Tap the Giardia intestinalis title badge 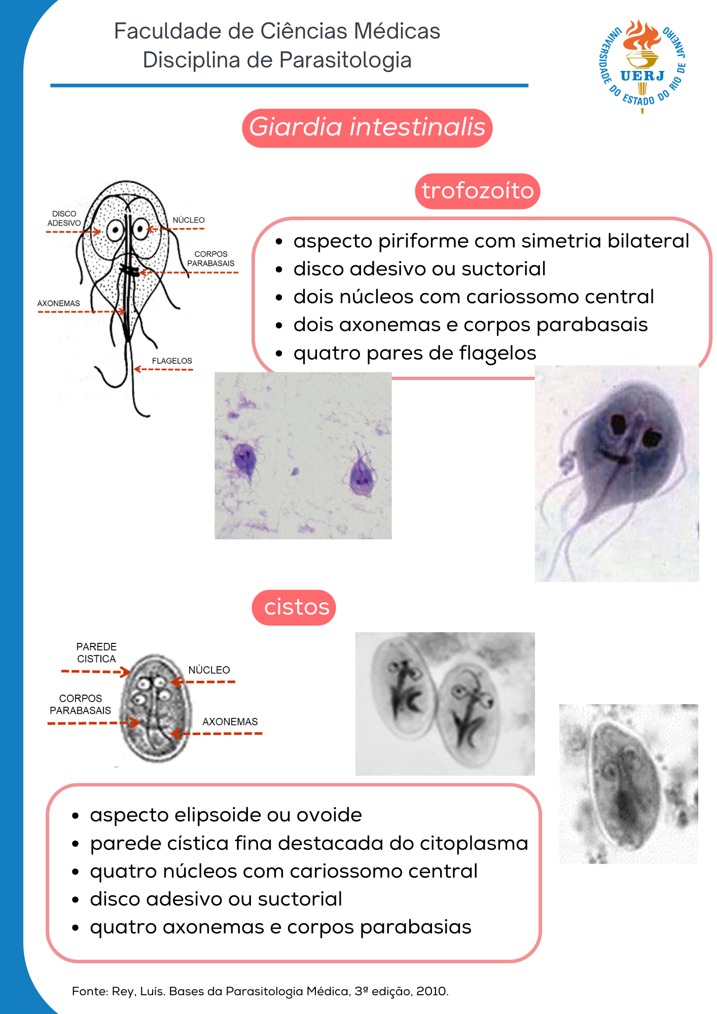pyautogui.click(x=367, y=128)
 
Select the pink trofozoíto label pyautogui.click(x=477, y=191)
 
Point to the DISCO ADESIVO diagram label pyautogui.click(x=64, y=219)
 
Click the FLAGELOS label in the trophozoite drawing pyautogui.click(x=172, y=361)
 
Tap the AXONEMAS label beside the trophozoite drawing pyautogui.click(x=58, y=303)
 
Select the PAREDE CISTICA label pyautogui.click(x=96, y=653)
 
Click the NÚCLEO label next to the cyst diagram pyautogui.click(x=209, y=670)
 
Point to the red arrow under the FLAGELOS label pyautogui.click(x=163, y=369)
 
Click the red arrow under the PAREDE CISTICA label pyautogui.click(x=95, y=672)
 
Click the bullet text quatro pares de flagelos pyautogui.click(x=414, y=353)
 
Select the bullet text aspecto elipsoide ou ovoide pyautogui.click(x=226, y=815)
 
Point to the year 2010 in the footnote pyautogui.click(x=432, y=991)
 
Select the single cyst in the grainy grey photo pyautogui.click(x=626, y=783)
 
